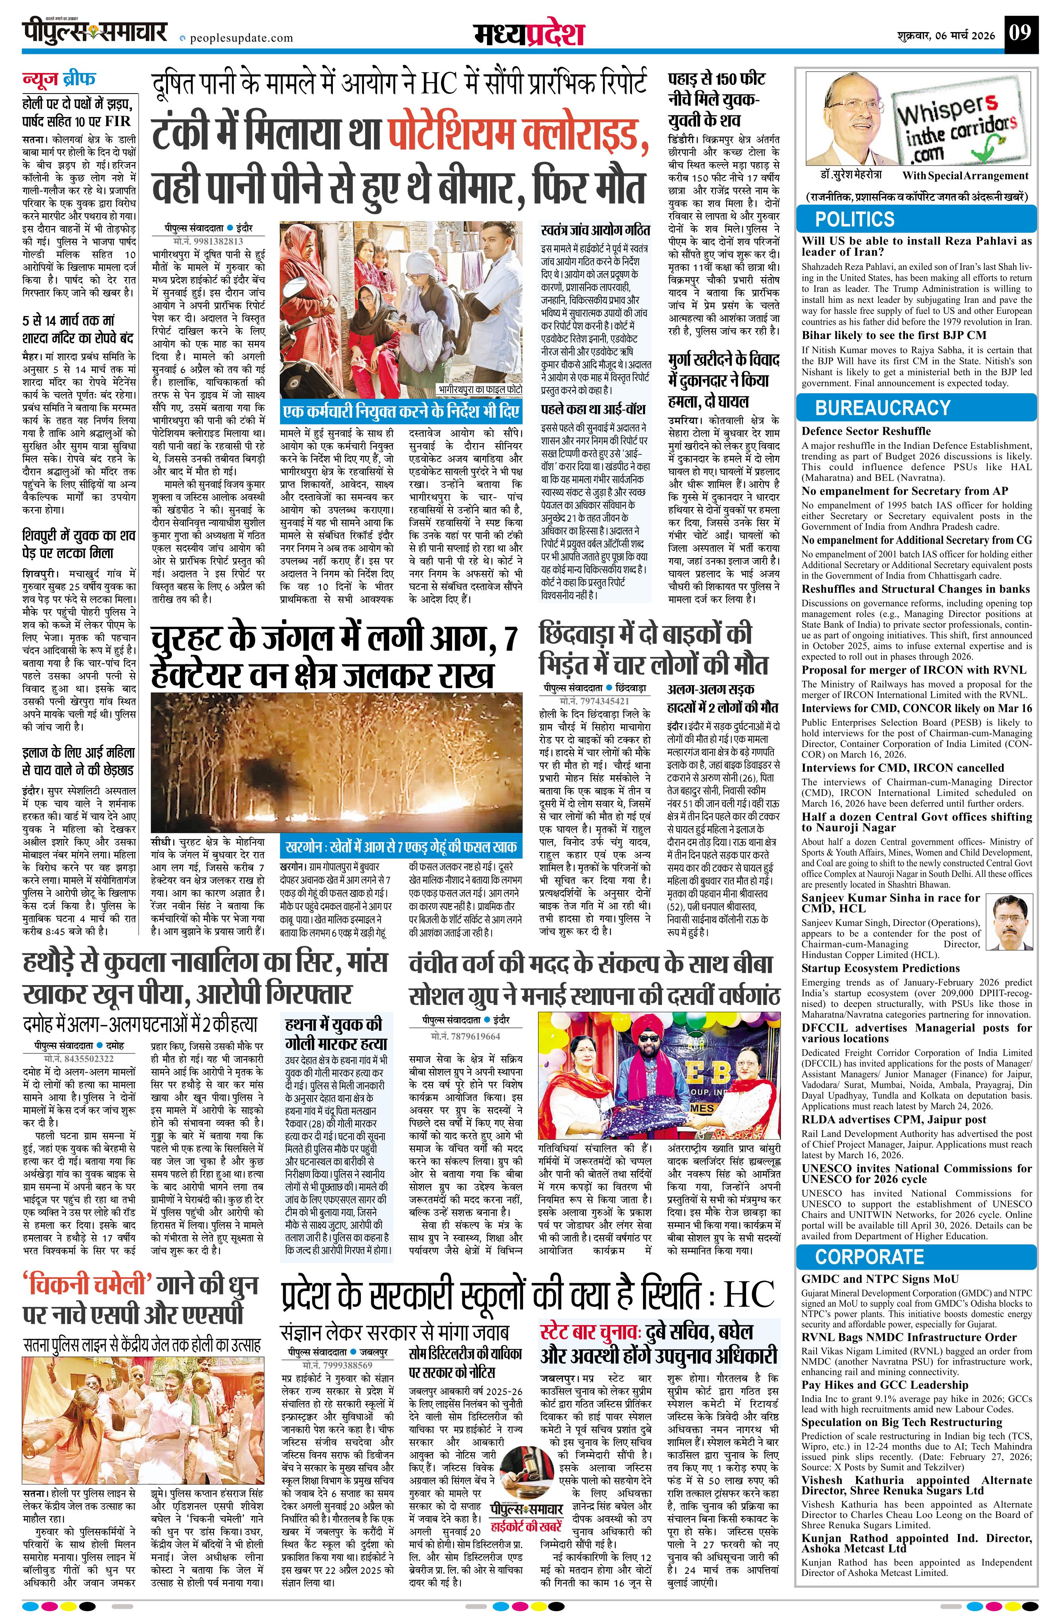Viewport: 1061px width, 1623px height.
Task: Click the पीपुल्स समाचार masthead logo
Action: (x=95, y=32)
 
